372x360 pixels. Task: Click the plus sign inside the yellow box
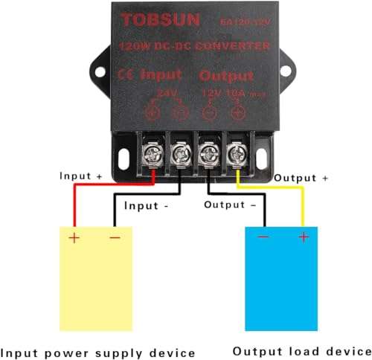[74, 238]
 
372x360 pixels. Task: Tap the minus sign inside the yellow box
[114, 238]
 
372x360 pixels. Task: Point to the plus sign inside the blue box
[303, 237]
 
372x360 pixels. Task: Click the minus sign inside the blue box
[263, 237]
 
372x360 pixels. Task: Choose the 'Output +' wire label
[301, 179]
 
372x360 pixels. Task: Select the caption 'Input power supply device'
[98, 352]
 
